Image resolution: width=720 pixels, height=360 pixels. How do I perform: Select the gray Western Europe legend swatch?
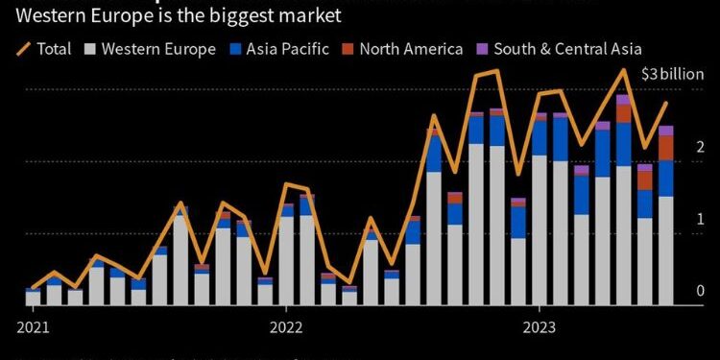[x=90, y=48]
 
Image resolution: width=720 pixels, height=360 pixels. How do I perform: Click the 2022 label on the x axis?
[x=286, y=325]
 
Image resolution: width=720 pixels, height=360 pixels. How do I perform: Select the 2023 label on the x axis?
[x=540, y=325]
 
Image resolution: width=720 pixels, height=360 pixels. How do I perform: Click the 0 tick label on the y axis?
[x=700, y=291]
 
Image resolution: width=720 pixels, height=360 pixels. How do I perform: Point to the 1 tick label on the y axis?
[x=700, y=219]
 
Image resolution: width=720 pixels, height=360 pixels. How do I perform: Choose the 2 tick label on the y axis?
[x=700, y=147]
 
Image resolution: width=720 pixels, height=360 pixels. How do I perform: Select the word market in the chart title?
[x=291, y=16]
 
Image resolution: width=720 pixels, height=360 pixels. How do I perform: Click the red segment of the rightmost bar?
[x=665, y=147]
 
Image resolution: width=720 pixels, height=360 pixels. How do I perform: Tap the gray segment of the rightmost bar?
[x=665, y=250]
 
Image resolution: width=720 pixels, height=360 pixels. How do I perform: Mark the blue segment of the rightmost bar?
[x=665, y=178]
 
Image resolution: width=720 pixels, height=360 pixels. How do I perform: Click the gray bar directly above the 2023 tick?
[x=540, y=230]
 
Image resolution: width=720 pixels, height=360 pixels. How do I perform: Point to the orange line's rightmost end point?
[x=665, y=103]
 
